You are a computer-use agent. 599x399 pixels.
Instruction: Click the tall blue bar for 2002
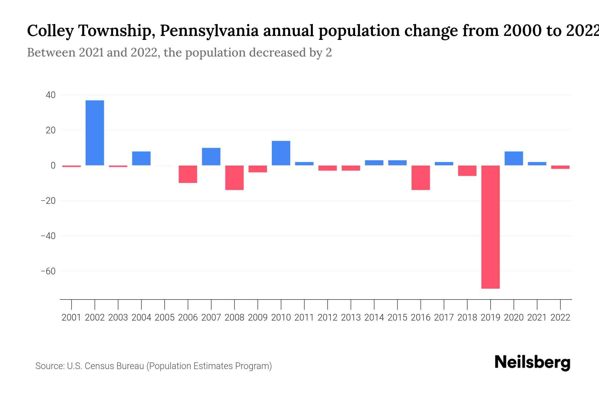95,133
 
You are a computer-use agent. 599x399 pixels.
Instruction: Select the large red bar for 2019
491,227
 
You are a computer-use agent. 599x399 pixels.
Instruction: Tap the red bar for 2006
188,174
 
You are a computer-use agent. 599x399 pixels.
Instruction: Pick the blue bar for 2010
281,153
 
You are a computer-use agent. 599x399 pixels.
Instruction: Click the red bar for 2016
421,178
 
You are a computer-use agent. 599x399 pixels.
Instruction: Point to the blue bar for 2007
211,157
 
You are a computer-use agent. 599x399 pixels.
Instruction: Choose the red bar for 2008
235,178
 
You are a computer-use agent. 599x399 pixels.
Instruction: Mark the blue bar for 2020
514,158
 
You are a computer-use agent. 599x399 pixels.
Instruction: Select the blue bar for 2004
141,158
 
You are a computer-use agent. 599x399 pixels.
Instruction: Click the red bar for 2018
467,171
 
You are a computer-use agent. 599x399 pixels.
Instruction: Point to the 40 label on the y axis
51,95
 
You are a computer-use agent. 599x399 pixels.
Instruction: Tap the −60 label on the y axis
48,271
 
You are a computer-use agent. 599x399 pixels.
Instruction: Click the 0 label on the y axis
53,166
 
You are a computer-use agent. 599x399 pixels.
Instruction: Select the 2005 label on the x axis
165,318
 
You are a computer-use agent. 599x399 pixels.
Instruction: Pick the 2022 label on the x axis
560,318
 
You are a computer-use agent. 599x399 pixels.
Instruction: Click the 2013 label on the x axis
351,318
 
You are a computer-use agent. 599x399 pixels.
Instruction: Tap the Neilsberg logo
532,362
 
